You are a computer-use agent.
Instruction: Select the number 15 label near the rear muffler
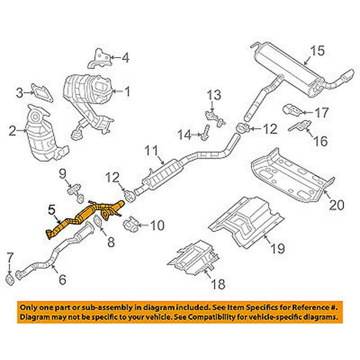[317, 51]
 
